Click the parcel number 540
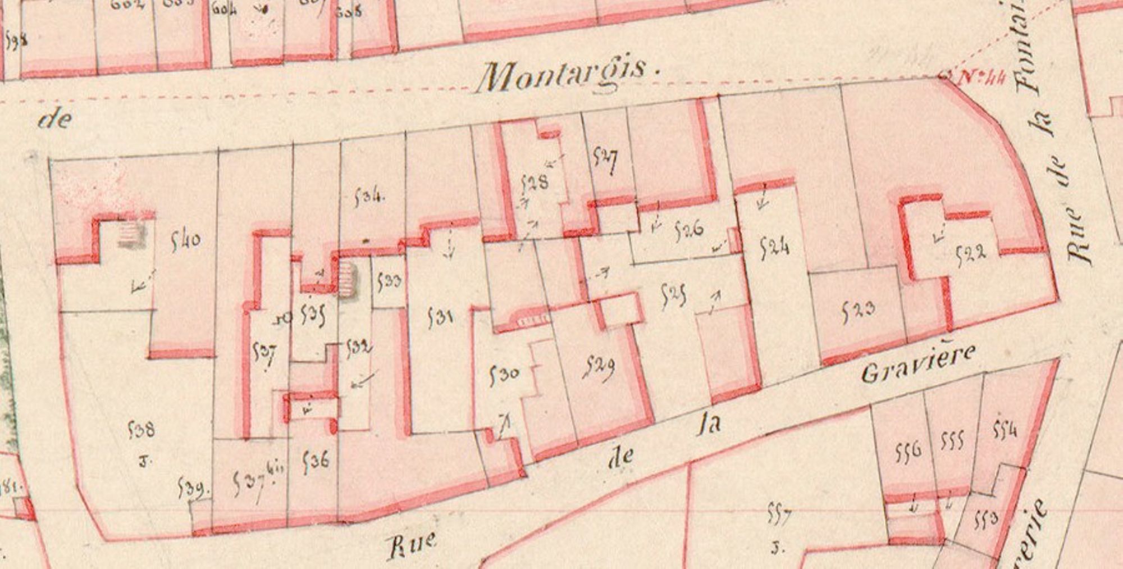(x=185, y=242)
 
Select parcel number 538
(x=141, y=430)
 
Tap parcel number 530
(x=504, y=374)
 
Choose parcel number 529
(x=599, y=368)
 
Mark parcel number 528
(x=535, y=183)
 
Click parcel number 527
(x=605, y=160)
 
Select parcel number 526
(x=688, y=230)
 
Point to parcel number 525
(x=673, y=295)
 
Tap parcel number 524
(x=774, y=247)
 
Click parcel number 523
(x=858, y=311)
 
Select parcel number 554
(x=1005, y=430)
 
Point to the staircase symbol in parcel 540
(x=132, y=234)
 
